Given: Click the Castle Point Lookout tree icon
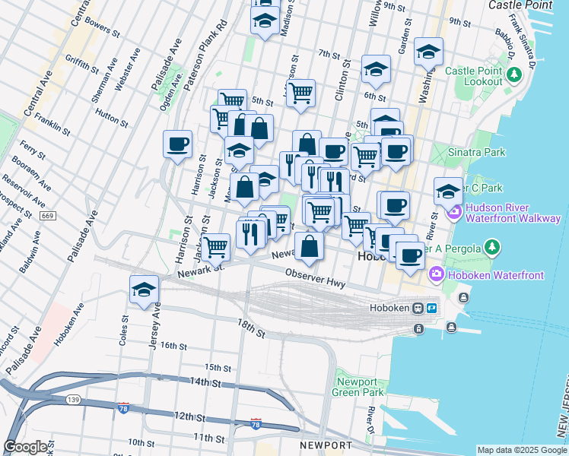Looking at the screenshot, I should tap(515, 75).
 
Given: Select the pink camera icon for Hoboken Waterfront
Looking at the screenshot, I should tap(437, 273).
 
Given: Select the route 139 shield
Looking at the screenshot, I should tap(72, 401).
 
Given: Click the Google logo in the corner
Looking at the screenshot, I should tap(26, 447).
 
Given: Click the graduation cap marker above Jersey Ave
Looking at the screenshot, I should tap(143, 290).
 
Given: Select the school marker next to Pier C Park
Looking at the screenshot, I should tap(448, 191).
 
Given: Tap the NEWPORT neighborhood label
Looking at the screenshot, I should tap(326, 445).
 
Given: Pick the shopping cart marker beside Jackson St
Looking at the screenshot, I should tap(216, 245).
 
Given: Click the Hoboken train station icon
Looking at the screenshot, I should tap(418, 308).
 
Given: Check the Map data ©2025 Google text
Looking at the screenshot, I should tap(521, 450).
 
